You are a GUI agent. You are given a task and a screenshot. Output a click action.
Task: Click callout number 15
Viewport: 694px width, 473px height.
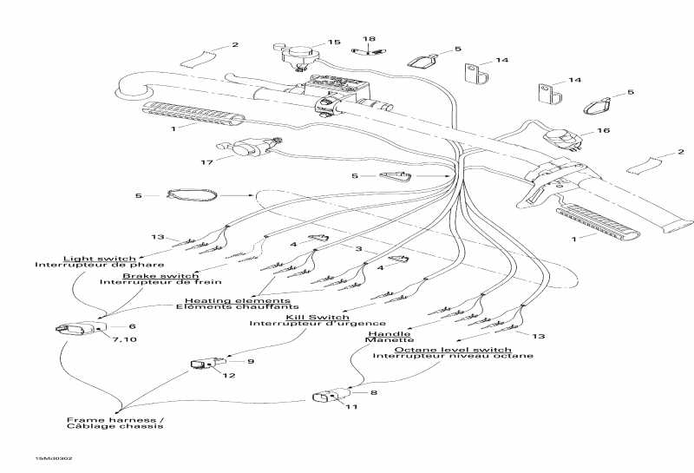(x=335, y=43)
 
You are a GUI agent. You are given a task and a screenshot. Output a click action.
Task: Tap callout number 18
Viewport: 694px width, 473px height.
(x=370, y=39)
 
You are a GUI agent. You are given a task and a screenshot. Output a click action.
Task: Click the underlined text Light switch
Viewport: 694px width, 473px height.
(x=99, y=259)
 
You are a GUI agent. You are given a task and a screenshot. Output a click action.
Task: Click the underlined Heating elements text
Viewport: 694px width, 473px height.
(x=233, y=300)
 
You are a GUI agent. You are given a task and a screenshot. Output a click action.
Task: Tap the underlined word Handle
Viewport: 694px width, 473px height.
(x=390, y=333)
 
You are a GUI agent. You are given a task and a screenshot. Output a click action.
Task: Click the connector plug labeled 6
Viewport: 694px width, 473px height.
(x=74, y=330)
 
